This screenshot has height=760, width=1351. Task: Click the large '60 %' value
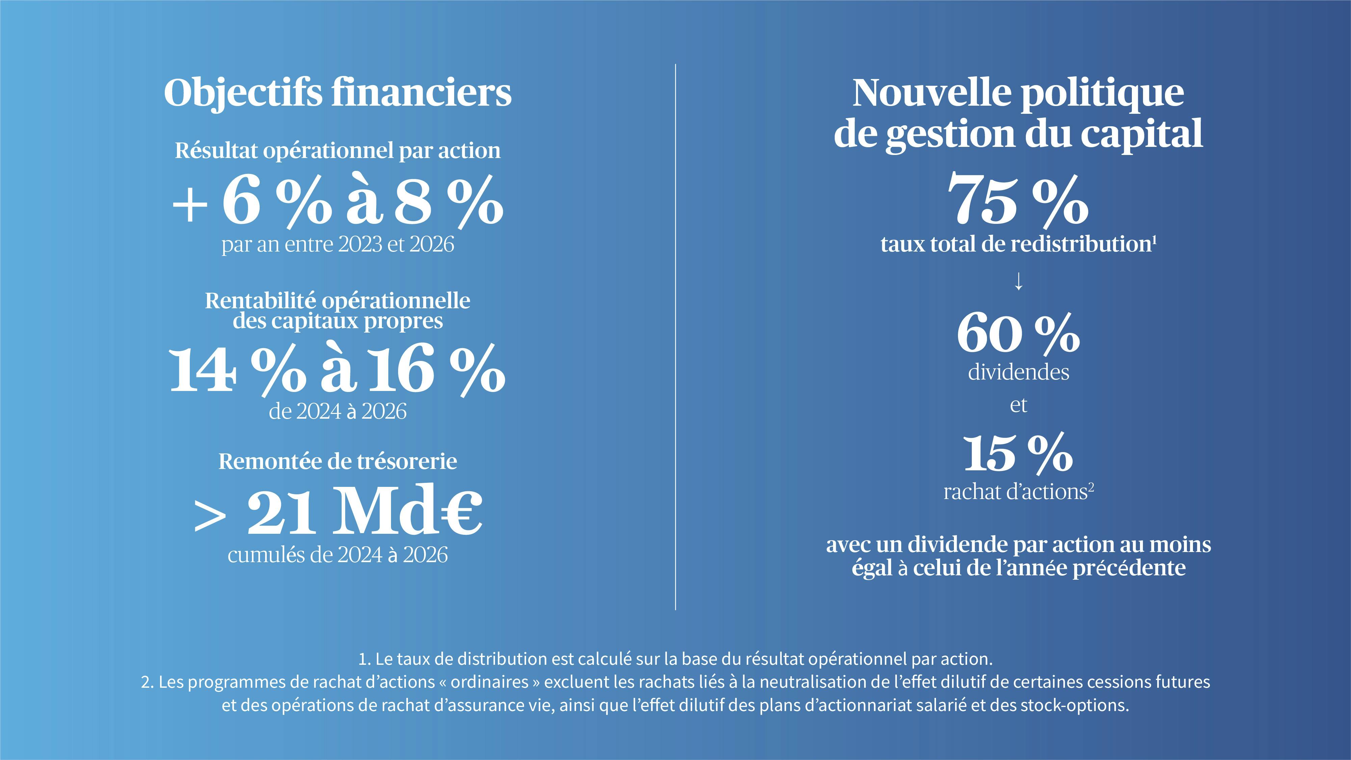click(1018, 334)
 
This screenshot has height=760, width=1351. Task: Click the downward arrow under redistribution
click(1018, 282)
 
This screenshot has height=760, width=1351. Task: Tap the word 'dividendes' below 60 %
click(1018, 372)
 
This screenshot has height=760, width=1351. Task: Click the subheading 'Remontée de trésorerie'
click(338, 462)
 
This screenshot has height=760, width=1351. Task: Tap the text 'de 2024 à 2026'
click(338, 412)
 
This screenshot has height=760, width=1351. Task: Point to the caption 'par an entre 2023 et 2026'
click(338, 244)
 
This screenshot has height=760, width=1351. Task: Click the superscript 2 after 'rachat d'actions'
click(1091, 487)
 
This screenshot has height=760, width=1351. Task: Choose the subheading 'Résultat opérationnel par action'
click(338, 151)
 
